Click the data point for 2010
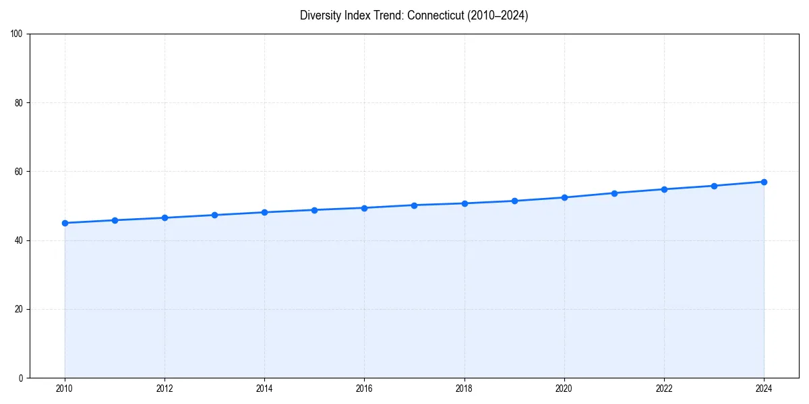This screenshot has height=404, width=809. (65, 223)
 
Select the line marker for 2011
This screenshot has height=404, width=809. (115, 220)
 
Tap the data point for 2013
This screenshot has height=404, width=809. (214, 215)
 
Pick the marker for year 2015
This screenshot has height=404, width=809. (314, 210)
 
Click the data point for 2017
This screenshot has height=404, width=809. (414, 205)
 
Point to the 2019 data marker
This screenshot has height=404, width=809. (514, 201)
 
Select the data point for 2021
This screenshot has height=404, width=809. (614, 193)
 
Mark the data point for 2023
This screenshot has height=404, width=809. (714, 186)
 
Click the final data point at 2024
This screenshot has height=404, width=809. (764, 182)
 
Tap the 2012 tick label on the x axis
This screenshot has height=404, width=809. (164, 389)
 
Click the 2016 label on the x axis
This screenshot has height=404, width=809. (364, 389)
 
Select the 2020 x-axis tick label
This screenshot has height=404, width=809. (564, 389)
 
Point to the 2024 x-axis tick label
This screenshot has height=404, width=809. (764, 389)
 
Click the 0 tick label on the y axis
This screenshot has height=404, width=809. (22, 378)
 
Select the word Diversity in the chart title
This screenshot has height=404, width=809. (320, 15)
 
